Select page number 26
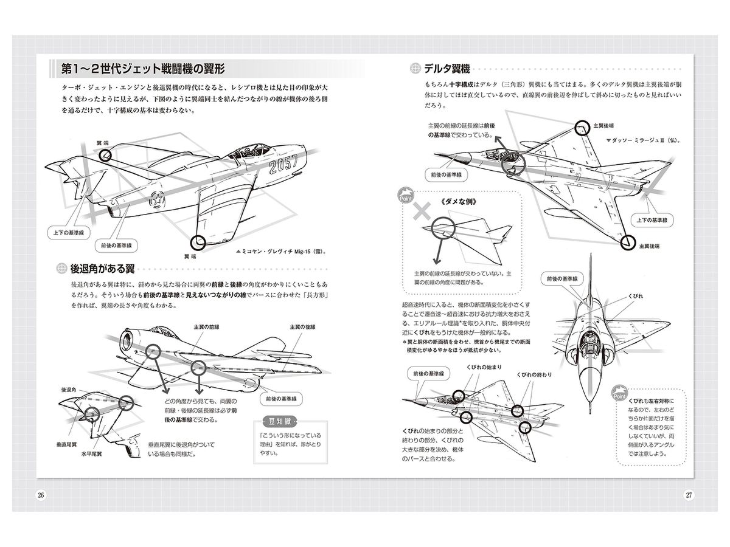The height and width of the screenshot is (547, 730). (41, 494)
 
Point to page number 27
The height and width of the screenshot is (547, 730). (689, 494)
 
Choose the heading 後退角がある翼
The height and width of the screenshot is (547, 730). (102, 268)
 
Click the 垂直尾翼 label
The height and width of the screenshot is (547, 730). (70, 444)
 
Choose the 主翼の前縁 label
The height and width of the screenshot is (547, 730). (206, 326)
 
